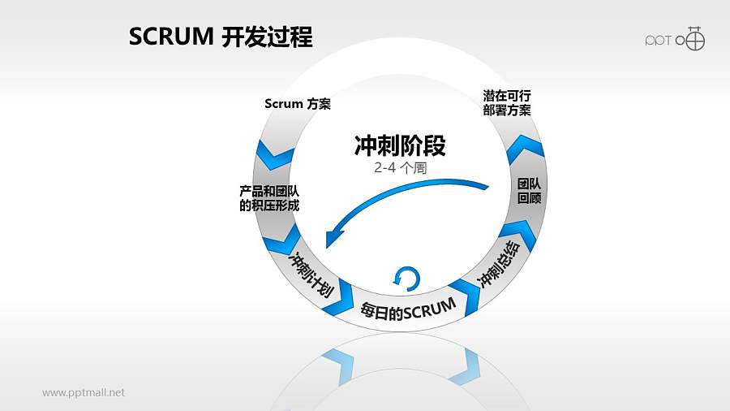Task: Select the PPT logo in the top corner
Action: (674, 38)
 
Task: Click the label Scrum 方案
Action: (298, 104)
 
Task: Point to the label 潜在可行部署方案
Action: (507, 103)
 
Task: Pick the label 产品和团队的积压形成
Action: (269, 198)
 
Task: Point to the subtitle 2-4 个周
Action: (400, 168)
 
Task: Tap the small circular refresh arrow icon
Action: (406, 279)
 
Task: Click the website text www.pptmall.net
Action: (84, 392)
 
